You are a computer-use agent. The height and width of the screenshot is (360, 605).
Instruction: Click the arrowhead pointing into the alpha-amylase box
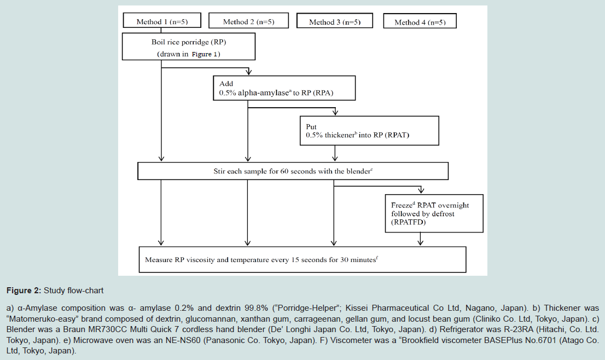[x=249, y=72]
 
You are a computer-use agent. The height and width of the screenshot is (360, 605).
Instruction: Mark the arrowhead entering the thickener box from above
[x=335, y=112]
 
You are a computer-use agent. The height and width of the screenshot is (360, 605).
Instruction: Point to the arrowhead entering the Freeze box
[x=421, y=190]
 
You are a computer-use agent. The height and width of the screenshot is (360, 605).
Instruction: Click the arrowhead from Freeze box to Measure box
[x=421, y=243]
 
